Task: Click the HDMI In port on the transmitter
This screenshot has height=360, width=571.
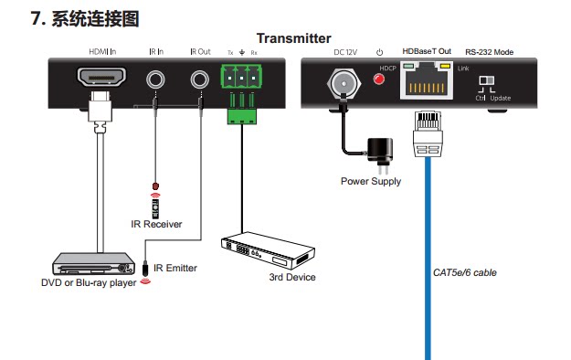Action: [101, 77]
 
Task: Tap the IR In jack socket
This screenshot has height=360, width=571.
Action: [155, 79]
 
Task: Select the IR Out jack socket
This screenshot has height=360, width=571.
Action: [200, 79]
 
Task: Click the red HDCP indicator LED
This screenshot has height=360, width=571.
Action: [379, 79]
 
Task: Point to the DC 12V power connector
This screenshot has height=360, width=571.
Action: [344, 84]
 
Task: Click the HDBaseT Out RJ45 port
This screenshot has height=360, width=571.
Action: [427, 80]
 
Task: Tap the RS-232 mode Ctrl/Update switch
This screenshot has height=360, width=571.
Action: [487, 80]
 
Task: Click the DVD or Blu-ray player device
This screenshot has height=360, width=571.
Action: [93, 263]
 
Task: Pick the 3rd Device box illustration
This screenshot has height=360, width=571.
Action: [268, 249]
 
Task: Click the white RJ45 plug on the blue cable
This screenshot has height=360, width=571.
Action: [428, 133]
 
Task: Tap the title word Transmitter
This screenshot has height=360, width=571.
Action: [294, 38]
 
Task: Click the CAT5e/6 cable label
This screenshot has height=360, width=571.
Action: [465, 272]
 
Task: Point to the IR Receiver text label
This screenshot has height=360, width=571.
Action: [156, 224]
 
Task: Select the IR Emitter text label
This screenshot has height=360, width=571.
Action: [175, 269]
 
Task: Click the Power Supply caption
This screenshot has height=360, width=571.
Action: [371, 182]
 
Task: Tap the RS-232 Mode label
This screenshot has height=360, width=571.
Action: [490, 52]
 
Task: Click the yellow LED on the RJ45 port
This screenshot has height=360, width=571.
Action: [445, 66]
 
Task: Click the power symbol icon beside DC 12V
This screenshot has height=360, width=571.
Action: [379, 52]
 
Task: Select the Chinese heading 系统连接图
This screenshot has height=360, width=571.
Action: [95, 19]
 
